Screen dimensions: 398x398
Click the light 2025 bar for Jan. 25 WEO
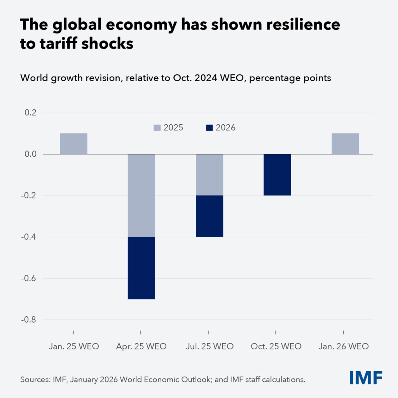pyautogui.click(x=73, y=144)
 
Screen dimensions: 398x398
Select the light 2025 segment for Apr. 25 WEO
pyautogui.click(x=141, y=195)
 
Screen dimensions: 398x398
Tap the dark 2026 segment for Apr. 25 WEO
pyautogui.click(x=141, y=268)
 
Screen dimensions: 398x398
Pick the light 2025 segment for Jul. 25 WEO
pyautogui.click(x=209, y=175)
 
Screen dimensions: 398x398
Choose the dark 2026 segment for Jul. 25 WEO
pyautogui.click(x=209, y=216)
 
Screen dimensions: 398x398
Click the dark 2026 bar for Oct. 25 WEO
pyautogui.click(x=277, y=175)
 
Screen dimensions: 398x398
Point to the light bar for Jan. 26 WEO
pyautogui.click(x=345, y=144)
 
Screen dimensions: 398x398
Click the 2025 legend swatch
pyautogui.click(x=157, y=127)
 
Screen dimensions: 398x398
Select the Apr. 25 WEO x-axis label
pyautogui.click(x=141, y=346)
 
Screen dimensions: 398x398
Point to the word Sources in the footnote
pyautogui.click(x=34, y=379)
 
